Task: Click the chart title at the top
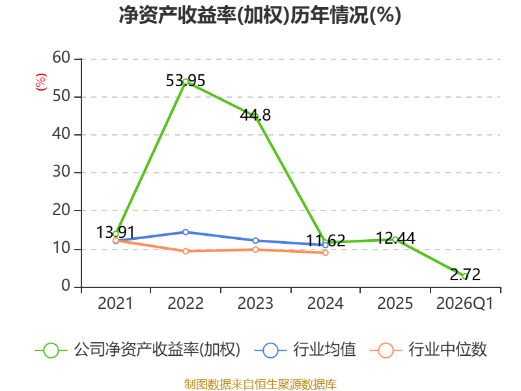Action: [x=260, y=15]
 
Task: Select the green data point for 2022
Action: [x=186, y=81]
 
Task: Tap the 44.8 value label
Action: [x=255, y=115]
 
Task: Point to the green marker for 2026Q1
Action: [x=465, y=276]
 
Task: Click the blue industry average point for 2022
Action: [x=186, y=232]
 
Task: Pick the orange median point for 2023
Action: [x=255, y=250]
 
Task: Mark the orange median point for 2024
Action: [x=326, y=253]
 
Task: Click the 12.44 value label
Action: [x=395, y=238]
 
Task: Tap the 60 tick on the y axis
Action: [x=61, y=57]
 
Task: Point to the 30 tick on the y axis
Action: [x=61, y=172]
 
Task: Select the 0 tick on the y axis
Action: [x=66, y=286]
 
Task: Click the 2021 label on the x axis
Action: [x=115, y=304]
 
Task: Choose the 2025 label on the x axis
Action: [x=395, y=304]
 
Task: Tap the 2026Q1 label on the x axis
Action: [x=465, y=304]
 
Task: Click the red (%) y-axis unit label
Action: [x=41, y=82]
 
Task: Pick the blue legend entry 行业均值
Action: [x=305, y=350]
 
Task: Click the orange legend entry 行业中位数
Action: [x=429, y=350]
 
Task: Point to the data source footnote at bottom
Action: [x=260, y=384]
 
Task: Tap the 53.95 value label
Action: [x=186, y=80]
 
